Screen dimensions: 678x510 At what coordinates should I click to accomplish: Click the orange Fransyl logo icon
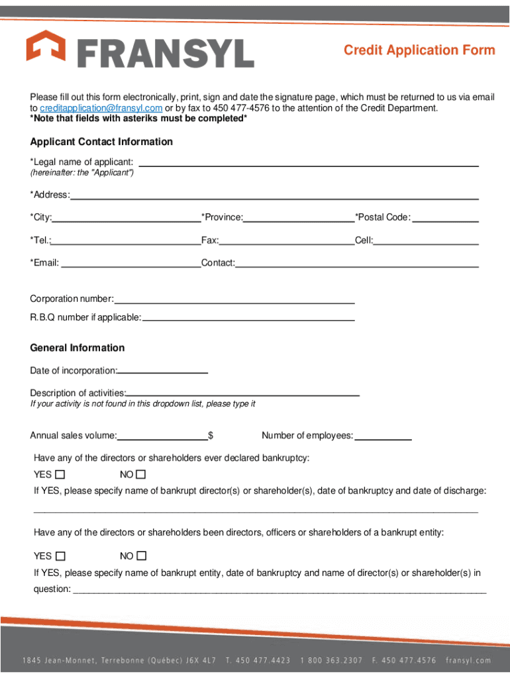(x=46, y=48)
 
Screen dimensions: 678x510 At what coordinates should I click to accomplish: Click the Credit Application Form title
(x=419, y=50)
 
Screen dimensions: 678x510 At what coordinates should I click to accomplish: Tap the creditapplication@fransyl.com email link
(x=101, y=108)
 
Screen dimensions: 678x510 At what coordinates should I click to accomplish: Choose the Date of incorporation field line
(x=163, y=371)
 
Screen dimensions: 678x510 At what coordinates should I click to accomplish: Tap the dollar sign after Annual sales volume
(x=211, y=436)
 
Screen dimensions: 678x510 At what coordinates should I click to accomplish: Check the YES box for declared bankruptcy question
(x=60, y=475)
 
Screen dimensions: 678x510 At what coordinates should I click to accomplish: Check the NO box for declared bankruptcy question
(x=140, y=475)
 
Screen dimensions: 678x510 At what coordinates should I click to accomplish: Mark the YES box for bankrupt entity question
(x=60, y=556)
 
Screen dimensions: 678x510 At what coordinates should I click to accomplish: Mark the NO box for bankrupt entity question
(x=141, y=556)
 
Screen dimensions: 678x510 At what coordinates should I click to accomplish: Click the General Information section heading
(x=77, y=348)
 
